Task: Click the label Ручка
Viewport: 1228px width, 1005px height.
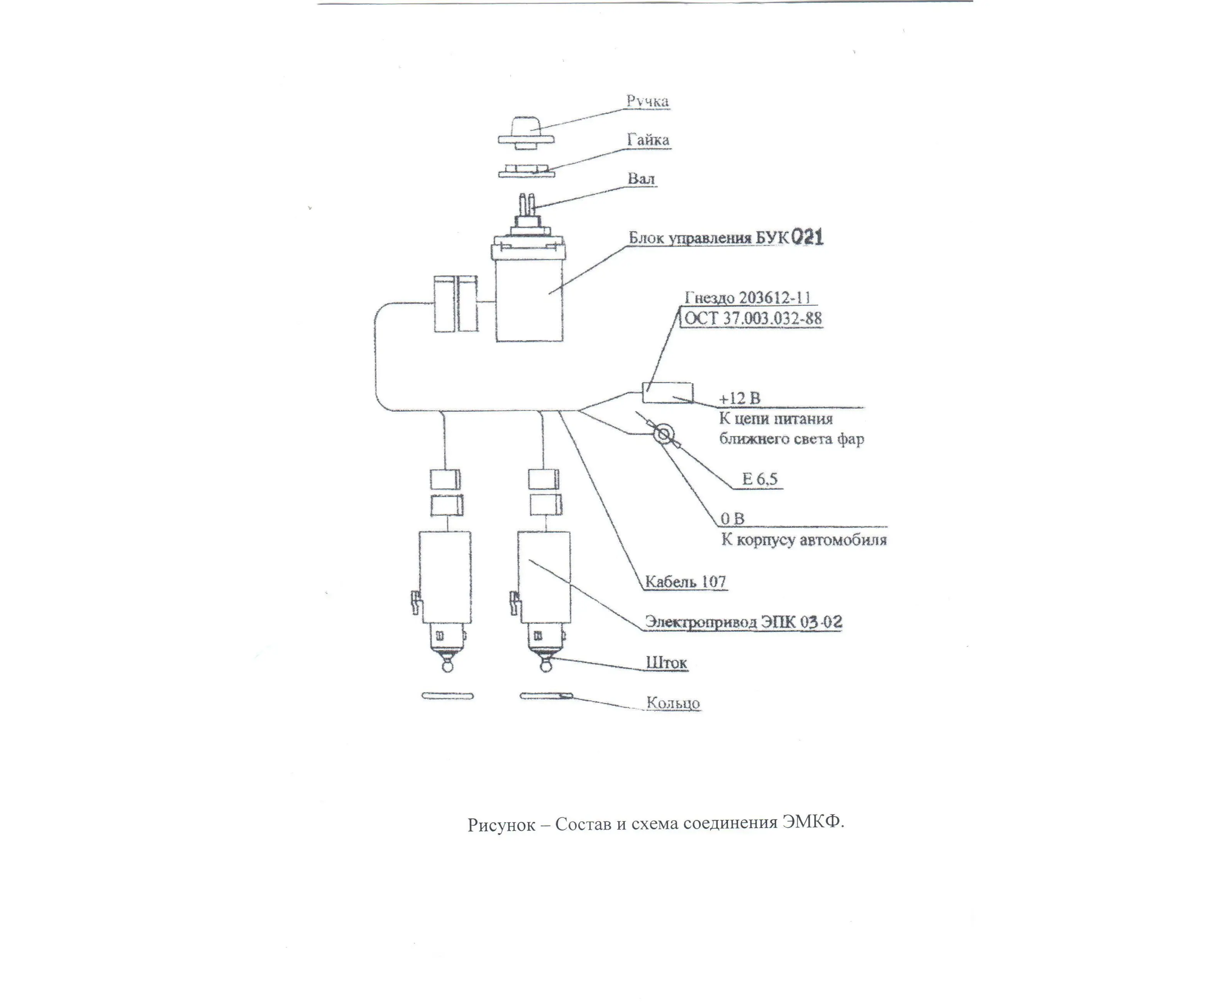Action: pyautogui.click(x=647, y=101)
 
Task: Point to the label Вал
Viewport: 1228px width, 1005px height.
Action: pyautogui.click(x=641, y=178)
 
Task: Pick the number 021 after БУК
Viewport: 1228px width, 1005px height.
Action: pyautogui.click(x=807, y=238)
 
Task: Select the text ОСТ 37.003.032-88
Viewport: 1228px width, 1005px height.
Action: pyautogui.click(x=752, y=318)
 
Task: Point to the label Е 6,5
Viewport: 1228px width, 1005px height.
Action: pyautogui.click(x=759, y=479)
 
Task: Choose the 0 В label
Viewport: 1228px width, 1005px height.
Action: pyautogui.click(x=732, y=519)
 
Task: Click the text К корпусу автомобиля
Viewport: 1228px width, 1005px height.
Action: pyautogui.click(x=803, y=540)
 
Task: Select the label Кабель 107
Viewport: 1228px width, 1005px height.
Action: pyautogui.click(x=685, y=582)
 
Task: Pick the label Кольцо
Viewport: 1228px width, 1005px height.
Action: pyautogui.click(x=673, y=703)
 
